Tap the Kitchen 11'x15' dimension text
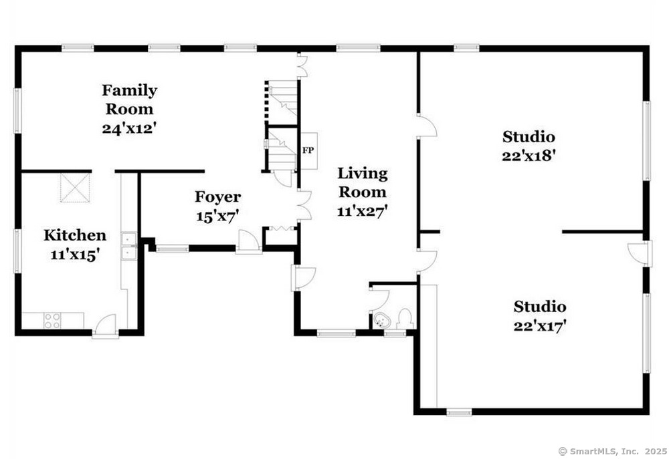(74, 255)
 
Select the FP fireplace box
(308, 150)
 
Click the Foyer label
(217, 196)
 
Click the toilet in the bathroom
(404, 317)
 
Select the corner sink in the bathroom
(381, 319)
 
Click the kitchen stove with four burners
(52, 321)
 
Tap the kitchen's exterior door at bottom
(105, 327)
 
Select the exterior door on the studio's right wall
(640, 252)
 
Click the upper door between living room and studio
(426, 126)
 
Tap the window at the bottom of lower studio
(459, 412)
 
